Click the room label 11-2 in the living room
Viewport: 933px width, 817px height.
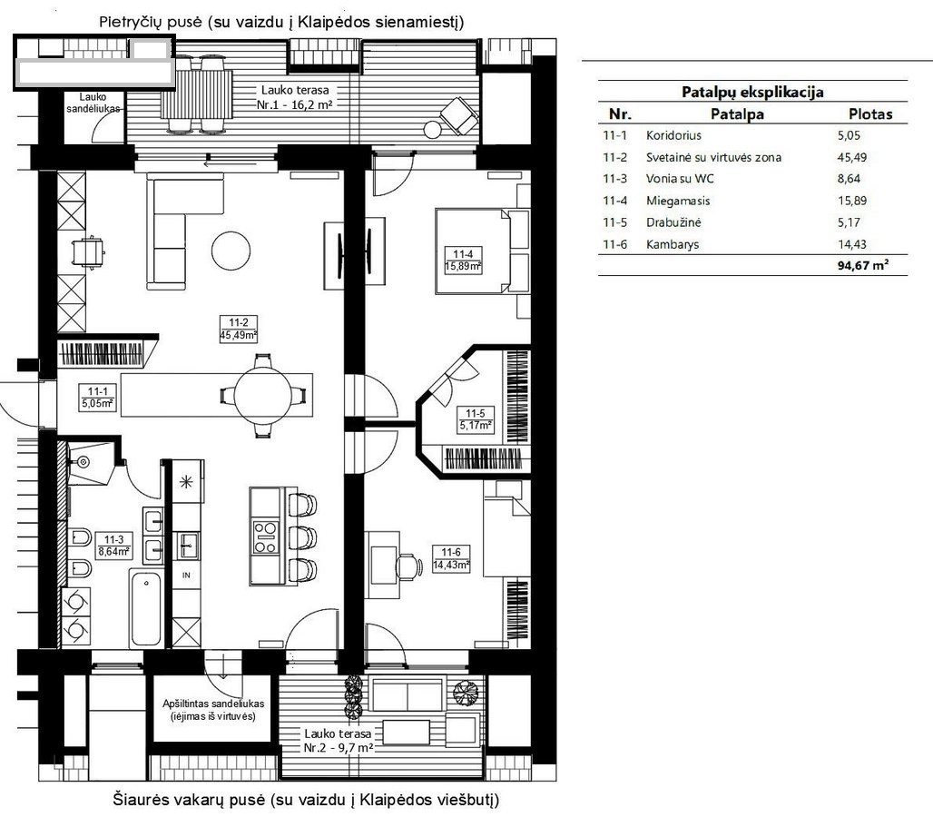238,322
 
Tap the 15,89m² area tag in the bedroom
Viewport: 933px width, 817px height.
463,267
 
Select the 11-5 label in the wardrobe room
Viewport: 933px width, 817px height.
475,413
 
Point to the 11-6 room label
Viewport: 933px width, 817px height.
451,552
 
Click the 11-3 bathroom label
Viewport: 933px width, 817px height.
114,540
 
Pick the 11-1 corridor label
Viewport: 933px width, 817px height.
98,391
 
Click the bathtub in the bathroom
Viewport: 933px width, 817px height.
146,607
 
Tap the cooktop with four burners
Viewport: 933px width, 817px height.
265,537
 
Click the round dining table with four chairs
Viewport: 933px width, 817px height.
263,396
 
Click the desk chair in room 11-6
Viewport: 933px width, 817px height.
408,566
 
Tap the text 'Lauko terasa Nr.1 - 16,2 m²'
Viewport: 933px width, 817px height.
295,98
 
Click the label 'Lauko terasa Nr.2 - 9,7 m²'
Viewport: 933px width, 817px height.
338,741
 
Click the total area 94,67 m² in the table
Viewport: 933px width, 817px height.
863,265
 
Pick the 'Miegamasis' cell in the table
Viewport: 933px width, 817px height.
678,201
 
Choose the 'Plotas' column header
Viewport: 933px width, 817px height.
870,113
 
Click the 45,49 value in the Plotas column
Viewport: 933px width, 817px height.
852,158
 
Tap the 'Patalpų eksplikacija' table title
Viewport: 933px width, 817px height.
752,93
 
